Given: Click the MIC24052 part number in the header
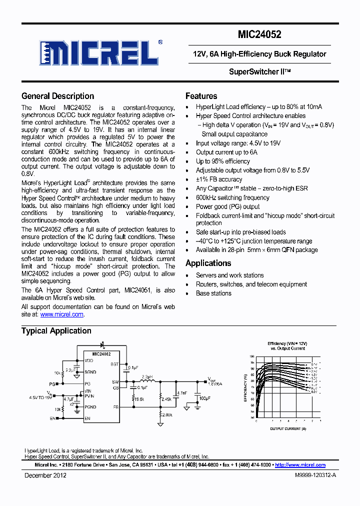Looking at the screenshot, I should (259, 34).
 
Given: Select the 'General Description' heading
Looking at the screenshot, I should (57, 96).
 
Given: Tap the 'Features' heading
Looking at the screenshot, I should (201, 96).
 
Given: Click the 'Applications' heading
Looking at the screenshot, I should (208, 263).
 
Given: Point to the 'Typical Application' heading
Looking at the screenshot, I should (56, 330).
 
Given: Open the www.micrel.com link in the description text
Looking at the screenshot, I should (61, 314).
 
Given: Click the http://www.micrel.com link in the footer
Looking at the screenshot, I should (300, 465).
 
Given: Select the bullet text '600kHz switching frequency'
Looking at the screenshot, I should (232, 197).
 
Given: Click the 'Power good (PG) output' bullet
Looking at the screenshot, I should (227, 206).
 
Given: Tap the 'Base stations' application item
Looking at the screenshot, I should (213, 293).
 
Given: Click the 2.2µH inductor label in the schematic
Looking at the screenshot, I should (147, 376).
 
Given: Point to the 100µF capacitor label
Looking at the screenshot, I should (205, 398).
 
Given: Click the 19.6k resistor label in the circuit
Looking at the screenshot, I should (138, 399).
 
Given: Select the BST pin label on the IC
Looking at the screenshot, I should (114, 364).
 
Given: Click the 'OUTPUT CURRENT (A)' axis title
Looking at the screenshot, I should (287, 429).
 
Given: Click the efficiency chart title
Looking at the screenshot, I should (287, 346).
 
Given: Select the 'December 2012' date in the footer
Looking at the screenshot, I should (45, 475).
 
